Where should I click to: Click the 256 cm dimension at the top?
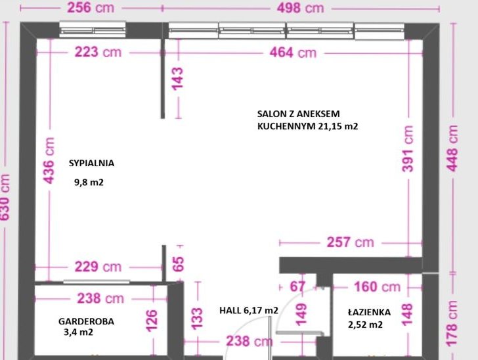(x=91, y=8)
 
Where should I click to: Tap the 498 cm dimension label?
(x=300, y=8)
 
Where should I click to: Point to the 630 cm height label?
(x=5, y=197)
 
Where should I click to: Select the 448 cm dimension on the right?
(x=452, y=148)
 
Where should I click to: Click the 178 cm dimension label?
(x=452, y=323)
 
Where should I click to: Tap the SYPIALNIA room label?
(x=91, y=163)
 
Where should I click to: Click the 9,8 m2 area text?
(x=89, y=183)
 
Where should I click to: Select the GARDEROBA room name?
(x=86, y=321)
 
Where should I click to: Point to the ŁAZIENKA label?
(x=369, y=312)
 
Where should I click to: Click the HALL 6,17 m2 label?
(x=249, y=311)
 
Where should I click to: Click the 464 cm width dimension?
(x=293, y=53)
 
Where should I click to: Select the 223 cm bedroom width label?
(x=98, y=52)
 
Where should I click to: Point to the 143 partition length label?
(x=178, y=79)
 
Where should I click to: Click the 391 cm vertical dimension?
(x=408, y=148)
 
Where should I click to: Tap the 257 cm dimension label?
(x=350, y=242)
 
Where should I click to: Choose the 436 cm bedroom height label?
(x=49, y=160)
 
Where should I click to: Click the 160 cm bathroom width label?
(x=377, y=287)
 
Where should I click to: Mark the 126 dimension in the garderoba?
(x=152, y=321)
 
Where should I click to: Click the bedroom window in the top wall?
(x=93, y=30)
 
